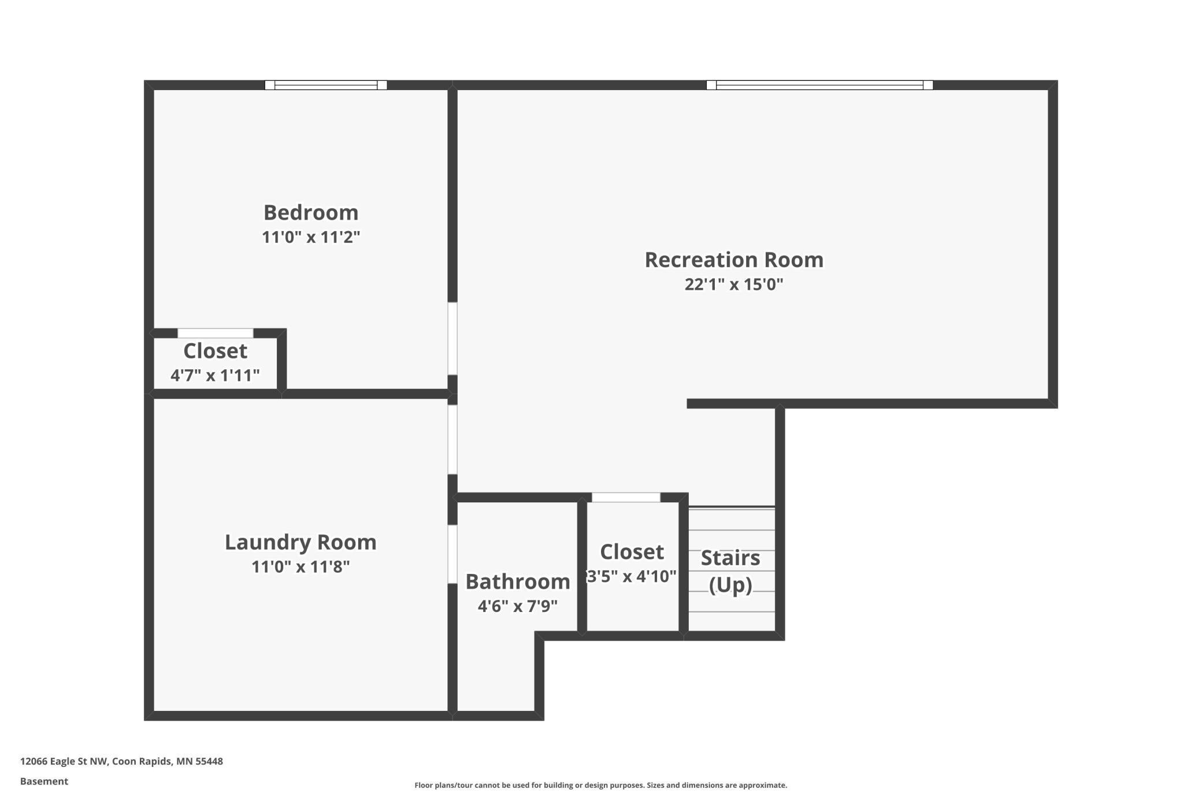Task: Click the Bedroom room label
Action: (311, 213)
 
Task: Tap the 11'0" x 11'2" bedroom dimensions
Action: (311, 238)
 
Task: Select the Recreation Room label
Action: (734, 260)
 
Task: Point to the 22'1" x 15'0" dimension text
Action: (734, 285)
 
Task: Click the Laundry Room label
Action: (300, 542)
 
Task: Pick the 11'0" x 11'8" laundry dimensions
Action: (300, 567)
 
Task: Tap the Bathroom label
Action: (518, 581)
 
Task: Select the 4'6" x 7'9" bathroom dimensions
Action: (518, 606)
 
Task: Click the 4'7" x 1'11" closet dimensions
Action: (215, 376)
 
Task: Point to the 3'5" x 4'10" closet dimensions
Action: (632, 576)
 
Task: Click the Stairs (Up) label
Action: (730, 571)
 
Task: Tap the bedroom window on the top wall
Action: (326, 85)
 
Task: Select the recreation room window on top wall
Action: (819, 85)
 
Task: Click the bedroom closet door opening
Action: (215, 333)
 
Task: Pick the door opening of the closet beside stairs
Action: (626, 498)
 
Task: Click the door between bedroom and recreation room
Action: (452, 338)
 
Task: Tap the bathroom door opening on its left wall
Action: (452, 554)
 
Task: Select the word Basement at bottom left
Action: (44, 781)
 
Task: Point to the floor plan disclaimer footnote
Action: (600, 785)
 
